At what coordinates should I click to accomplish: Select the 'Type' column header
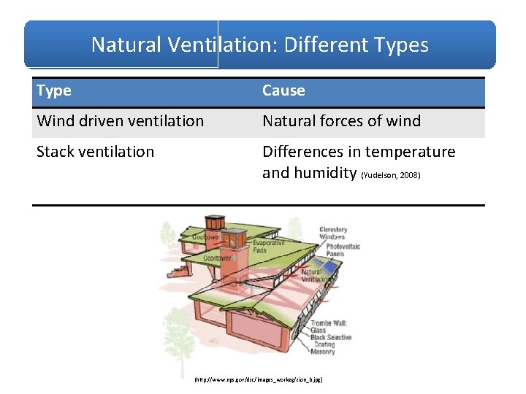54,90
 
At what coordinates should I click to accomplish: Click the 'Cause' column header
283,90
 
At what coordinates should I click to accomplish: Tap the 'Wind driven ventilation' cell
121,121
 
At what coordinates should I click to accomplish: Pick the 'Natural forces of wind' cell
341,121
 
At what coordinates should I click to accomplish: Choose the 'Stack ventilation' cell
96,152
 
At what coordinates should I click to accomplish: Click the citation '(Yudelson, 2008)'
391,176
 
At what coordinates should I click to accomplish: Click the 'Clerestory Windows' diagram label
334,233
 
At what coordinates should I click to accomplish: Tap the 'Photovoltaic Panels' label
343,250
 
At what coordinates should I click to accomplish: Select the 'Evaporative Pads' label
270,246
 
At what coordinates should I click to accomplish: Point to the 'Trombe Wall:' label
331,322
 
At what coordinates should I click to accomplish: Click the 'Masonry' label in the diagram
322,352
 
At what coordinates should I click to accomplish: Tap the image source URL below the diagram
258,380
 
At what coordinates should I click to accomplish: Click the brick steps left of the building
178,274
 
